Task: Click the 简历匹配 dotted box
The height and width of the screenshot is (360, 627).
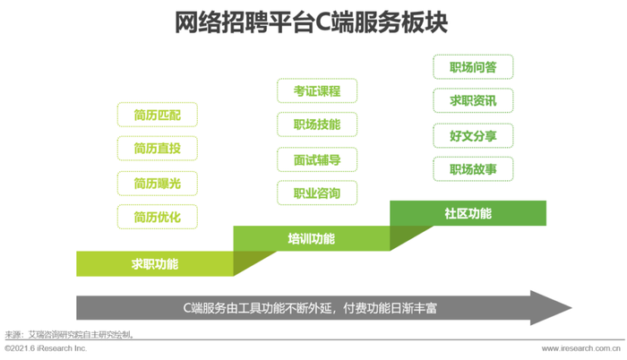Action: (157, 115)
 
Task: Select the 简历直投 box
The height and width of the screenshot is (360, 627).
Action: (157, 149)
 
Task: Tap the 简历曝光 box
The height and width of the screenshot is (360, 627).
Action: (157, 184)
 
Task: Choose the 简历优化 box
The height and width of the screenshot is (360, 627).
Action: (157, 217)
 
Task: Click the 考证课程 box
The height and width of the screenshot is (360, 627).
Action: (317, 90)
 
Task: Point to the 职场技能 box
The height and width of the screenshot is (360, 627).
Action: (317, 124)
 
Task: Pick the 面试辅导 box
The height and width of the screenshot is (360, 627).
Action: (317, 159)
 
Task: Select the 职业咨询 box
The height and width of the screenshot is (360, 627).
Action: (317, 193)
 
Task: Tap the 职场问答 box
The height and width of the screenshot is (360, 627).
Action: (473, 67)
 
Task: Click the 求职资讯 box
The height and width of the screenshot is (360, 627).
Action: (473, 100)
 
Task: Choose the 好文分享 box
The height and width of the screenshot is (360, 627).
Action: (473, 135)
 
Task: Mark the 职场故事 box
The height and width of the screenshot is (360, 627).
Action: (473, 169)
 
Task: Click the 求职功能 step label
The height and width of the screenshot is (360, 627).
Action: (155, 264)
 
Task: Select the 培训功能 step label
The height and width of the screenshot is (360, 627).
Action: (311, 239)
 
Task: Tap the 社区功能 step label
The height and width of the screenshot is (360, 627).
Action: (468, 213)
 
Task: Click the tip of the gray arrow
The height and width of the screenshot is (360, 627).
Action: (571, 308)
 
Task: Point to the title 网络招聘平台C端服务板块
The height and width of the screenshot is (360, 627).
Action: (311, 22)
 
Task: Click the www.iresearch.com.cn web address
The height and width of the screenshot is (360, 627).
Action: (581, 348)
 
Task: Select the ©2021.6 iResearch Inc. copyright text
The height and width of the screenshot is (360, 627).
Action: (46, 348)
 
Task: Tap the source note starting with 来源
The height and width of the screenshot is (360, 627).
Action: (70, 334)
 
